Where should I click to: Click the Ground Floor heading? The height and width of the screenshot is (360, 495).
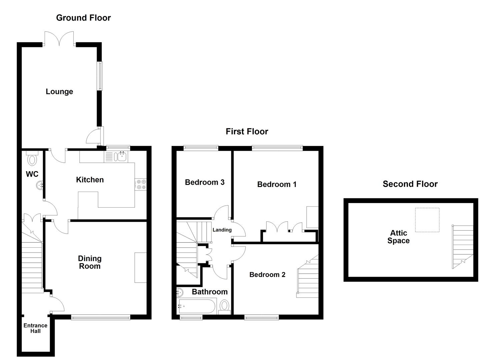point(83,18)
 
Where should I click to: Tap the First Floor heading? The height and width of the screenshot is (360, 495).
point(247,131)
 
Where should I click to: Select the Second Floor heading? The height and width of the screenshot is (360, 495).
point(410,184)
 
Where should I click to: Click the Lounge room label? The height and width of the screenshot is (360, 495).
point(59,91)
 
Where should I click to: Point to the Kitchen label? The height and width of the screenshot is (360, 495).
point(90,180)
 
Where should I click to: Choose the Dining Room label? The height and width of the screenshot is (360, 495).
point(89,262)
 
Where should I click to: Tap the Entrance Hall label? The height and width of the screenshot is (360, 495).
point(35,328)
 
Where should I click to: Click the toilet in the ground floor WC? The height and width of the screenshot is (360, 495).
point(32,159)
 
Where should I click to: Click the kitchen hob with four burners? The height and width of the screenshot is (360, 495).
point(140,185)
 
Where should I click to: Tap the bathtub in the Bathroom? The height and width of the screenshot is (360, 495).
point(197,306)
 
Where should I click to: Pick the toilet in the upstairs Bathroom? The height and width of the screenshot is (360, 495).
point(225,306)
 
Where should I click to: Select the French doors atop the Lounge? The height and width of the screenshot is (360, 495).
point(59,39)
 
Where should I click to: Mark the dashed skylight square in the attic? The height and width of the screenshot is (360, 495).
point(427,220)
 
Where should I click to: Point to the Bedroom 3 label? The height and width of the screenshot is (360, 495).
point(204,182)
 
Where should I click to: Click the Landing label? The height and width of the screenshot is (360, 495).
point(222,230)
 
